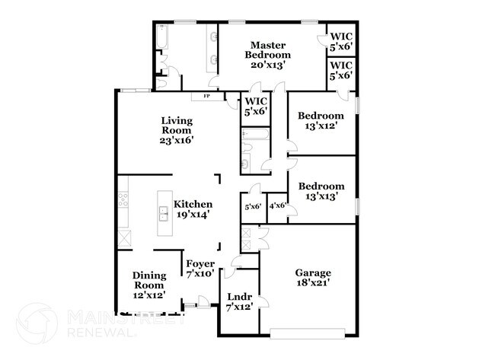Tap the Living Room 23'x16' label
177,129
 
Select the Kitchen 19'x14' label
193,209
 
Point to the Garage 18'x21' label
314,278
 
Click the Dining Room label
149,285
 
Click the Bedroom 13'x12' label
321,121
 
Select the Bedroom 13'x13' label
321,191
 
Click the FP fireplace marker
206,97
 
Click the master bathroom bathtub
162,37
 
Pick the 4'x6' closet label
277,205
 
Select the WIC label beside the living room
254,107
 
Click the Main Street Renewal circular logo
37,323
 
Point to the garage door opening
312,333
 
